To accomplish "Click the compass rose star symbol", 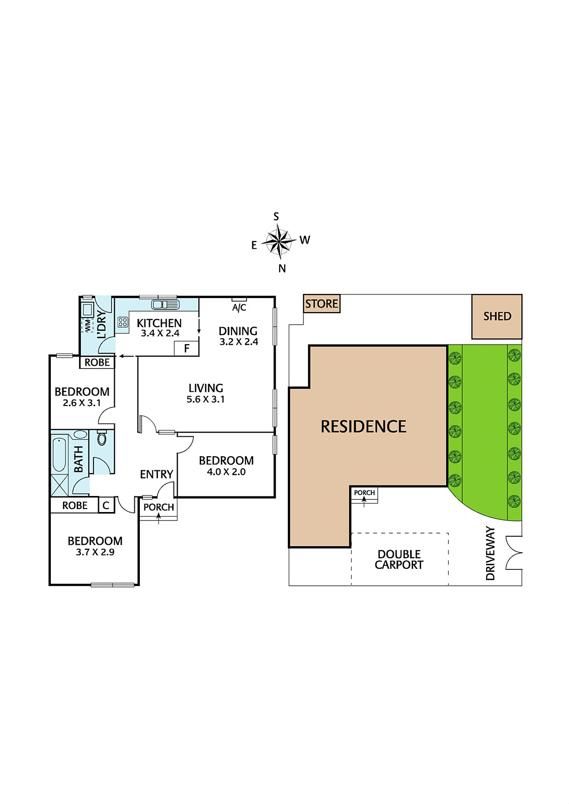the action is coord(279,242).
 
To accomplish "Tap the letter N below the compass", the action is coord(282,268).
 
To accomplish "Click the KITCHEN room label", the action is coord(159,323).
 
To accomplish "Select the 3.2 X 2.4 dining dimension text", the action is coord(238,341).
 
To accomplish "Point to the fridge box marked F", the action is coord(186,348).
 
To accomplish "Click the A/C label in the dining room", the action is coord(239,307).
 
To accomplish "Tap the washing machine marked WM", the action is coord(87,325).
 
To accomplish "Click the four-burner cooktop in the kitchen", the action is coord(123,322).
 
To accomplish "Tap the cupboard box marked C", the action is coord(106,506).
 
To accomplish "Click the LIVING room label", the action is coord(206,388).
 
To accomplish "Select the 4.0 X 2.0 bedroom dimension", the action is coord(226,472).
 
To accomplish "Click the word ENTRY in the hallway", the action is coord(157,474).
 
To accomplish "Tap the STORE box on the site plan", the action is coord(321,304).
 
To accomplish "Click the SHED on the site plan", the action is coord(497,317).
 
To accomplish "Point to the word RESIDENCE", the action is coord(363,427).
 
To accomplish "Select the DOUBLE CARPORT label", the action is coord(399,560).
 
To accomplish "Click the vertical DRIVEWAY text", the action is coord(491,553).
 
